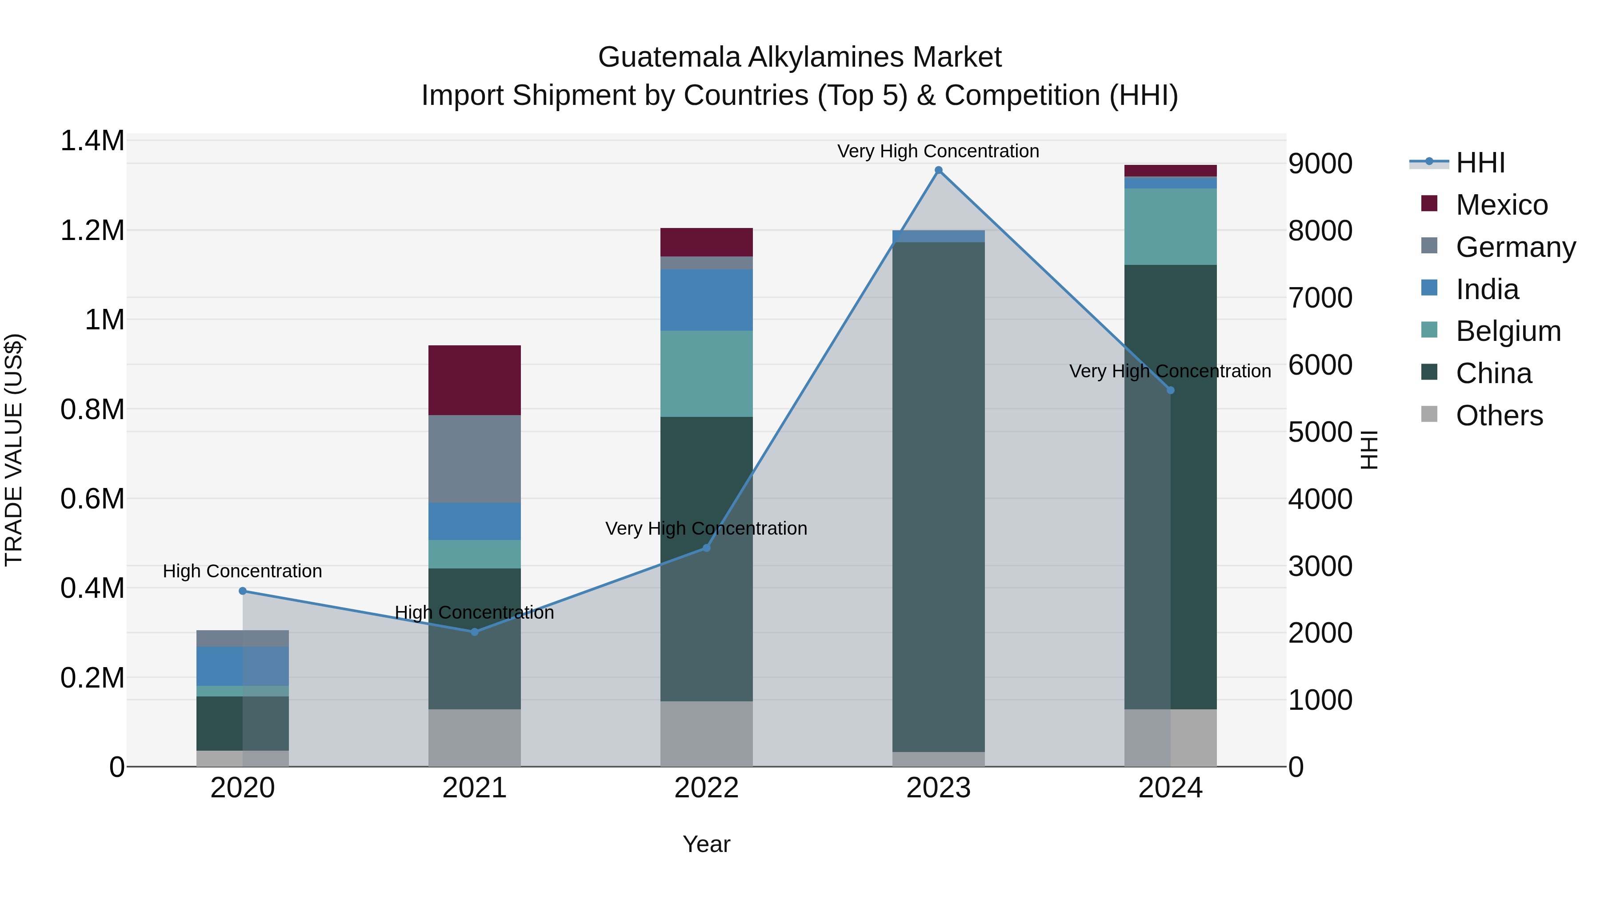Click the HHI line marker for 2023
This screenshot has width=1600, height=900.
coord(939,170)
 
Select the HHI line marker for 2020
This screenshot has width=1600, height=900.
coord(243,591)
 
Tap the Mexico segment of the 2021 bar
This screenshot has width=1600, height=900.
coord(475,380)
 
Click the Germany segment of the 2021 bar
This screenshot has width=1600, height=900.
coord(475,458)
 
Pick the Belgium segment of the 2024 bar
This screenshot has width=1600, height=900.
coord(1170,227)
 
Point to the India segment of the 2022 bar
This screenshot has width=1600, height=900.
coord(706,300)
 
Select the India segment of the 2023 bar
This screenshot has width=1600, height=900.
coord(939,236)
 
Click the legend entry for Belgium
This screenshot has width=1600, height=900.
coord(1508,331)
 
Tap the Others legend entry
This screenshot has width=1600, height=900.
coord(1499,416)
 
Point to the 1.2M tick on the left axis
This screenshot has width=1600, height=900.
coord(92,230)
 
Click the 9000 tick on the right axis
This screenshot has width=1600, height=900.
coord(1320,164)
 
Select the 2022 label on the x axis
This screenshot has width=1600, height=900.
coord(706,788)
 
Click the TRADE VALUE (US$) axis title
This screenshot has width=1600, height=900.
coord(14,450)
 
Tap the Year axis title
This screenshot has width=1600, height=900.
coord(706,844)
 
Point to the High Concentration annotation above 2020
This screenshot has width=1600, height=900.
coord(242,571)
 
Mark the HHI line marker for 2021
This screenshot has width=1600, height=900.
coord(475,632)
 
